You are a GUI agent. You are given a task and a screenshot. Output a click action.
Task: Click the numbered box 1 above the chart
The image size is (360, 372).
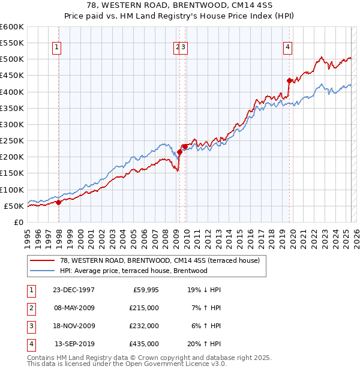(56, 47)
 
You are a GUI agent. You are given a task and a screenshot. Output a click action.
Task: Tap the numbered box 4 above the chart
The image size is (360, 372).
(288, 47)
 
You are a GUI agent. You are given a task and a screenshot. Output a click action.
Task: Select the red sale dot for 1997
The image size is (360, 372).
(58, 203)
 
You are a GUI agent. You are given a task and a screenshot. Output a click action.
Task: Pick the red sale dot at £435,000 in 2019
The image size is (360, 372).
(289, 80)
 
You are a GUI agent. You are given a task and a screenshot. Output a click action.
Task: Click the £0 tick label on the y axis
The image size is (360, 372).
(18, 222)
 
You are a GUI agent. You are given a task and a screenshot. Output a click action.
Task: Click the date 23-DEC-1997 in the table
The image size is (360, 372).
(73, 290)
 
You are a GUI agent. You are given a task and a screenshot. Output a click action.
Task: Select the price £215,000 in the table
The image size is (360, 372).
(144, 308)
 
